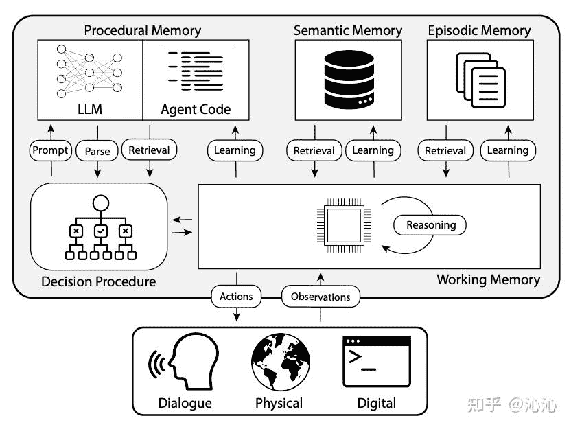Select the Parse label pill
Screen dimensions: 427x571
(x=97, y=150)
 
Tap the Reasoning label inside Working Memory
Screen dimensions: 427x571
(x=431, y=224)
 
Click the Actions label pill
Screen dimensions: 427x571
(x=236, y=297)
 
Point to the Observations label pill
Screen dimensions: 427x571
(x=321, y=297)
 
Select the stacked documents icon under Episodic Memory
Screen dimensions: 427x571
(x=480, y=80)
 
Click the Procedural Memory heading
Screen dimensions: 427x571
(x=142, y=30)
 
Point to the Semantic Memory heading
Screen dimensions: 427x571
(x=347, y=30)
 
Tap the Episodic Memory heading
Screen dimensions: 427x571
(x=479, y=30)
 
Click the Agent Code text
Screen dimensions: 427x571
(x=196, y=109)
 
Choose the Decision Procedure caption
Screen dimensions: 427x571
(x=98, y=281)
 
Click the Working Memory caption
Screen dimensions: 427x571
(x=488, y=279)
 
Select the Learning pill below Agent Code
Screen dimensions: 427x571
(x=235, y=150)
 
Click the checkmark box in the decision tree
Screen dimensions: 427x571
(x=101, y=231)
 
